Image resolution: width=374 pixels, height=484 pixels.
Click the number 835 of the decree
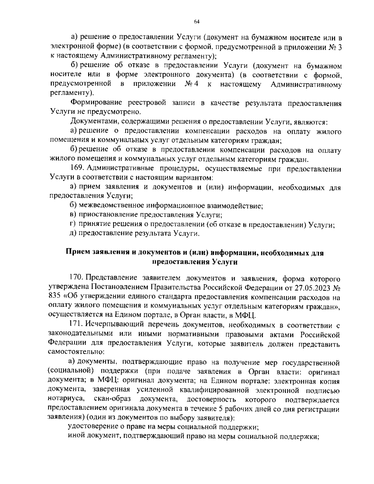[x=55, y=296]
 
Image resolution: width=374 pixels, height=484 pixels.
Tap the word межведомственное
[x=111, y=206]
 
